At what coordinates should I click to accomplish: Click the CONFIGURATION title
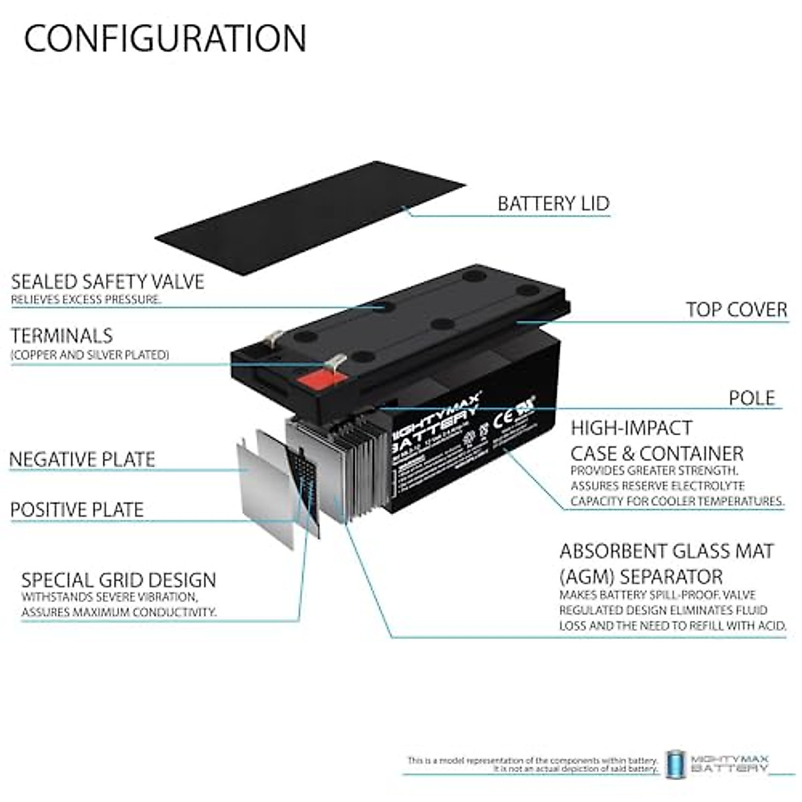pyautogui.click(x=165, y=38)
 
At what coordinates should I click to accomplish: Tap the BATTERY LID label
pyautogui.click(x=553, y=203)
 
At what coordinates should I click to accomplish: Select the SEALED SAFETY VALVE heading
pyautogui.click(x=108, y=281)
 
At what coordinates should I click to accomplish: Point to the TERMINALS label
pyautogui.click(x=61, y=336)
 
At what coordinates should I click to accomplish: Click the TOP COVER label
pyautogui.click(x=737, y=309)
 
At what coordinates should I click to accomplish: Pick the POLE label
pyautogui.click(x=752, y=398)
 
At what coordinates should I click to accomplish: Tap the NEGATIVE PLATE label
pyautogui.click(x=82, y=459)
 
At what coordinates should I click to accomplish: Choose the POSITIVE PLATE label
pyautogui.click(x=77, y=510)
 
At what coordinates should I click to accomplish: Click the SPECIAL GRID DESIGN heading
pyautogui.click(x=119, y=579)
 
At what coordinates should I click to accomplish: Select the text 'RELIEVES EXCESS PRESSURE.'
pyautogui.click(x=86, y=300)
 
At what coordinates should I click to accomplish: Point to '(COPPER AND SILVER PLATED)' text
pyautogui.click(x=90, y=355)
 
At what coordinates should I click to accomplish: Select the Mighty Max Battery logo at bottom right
pyautogui.click(x=718, y=763)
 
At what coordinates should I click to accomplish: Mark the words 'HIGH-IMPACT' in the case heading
pyautogui.click(x=622, y=428)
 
